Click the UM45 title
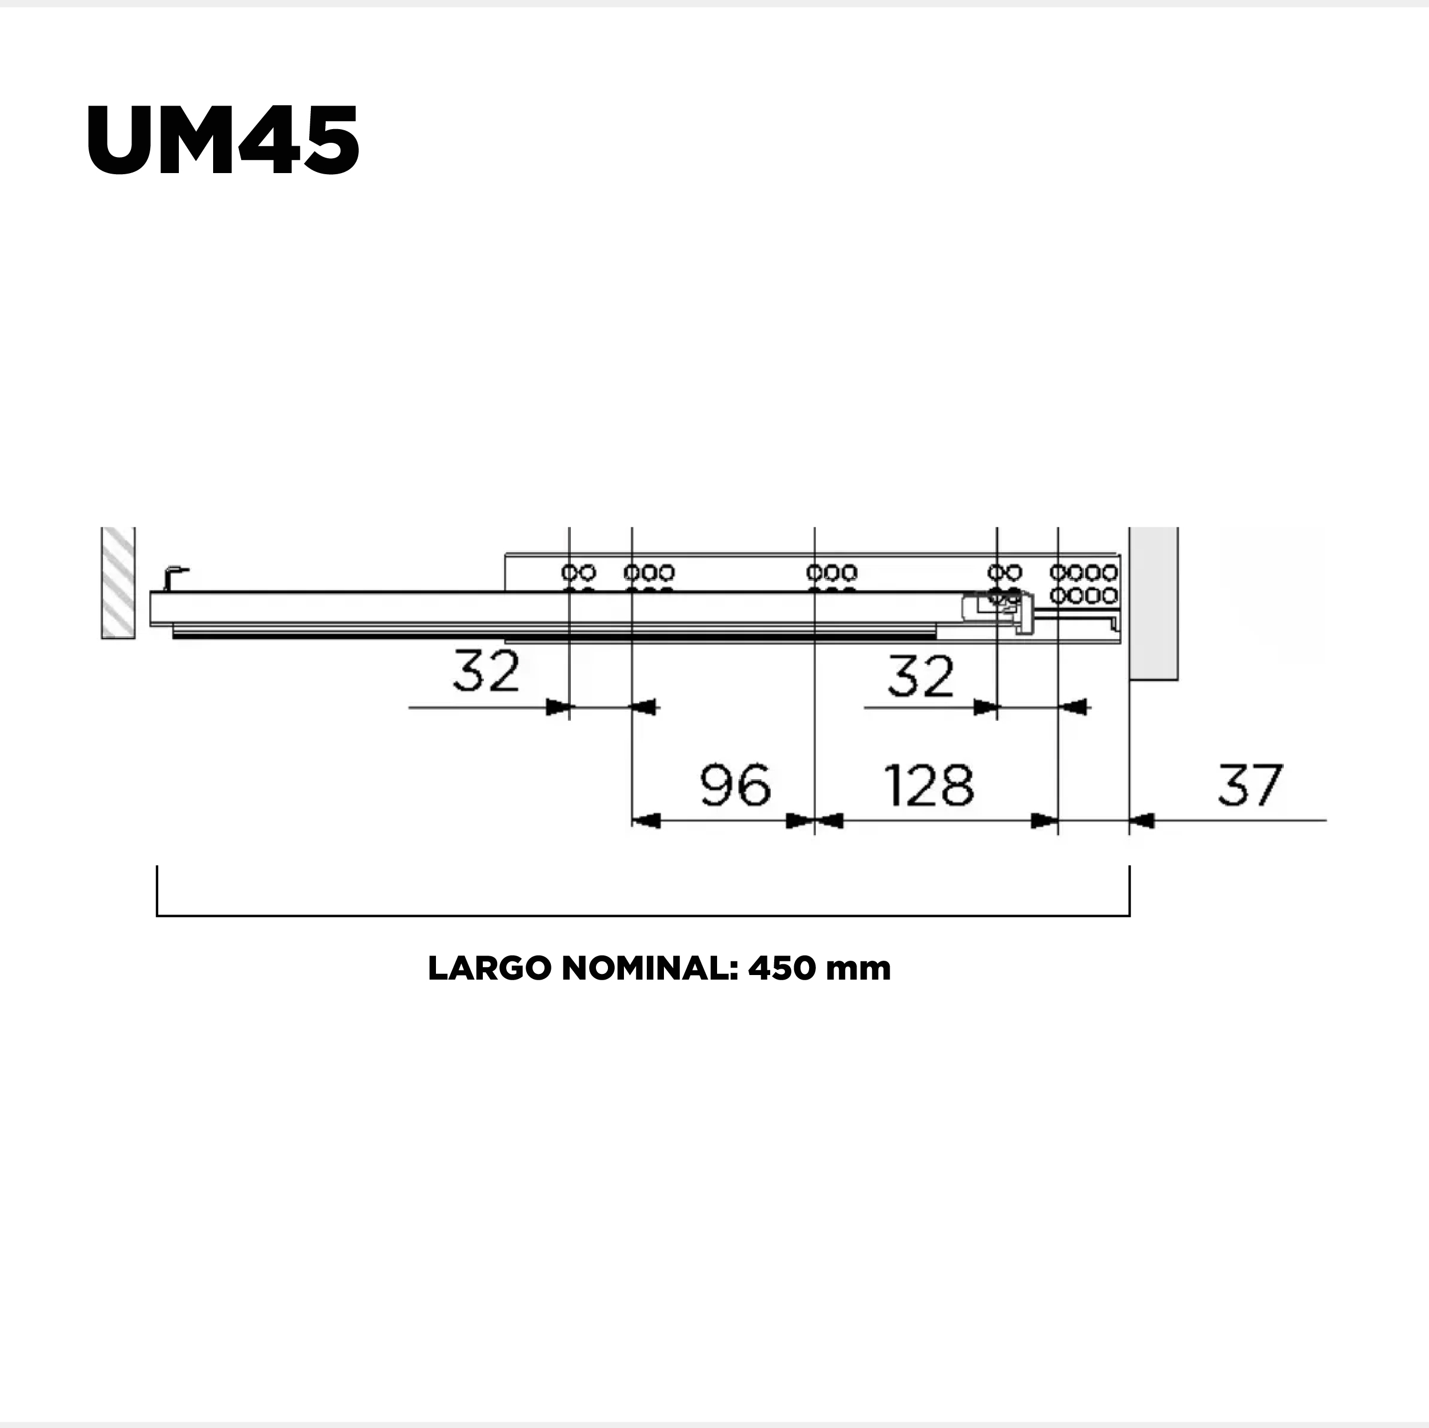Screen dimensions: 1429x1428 [x=223, y=140]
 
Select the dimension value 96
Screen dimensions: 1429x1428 [x=735, y=785]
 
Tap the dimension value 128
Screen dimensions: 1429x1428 [x=929, y=785]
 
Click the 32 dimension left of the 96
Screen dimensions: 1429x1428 [x=486, y=671]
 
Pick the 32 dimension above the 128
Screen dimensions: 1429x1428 [x=921, y=676]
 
